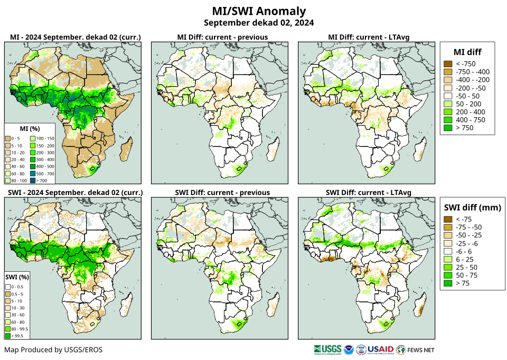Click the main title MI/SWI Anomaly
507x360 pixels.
(x=258, y=11)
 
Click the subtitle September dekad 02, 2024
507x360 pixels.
(x=258, y=23)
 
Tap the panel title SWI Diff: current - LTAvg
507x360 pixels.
(x=368, y=192)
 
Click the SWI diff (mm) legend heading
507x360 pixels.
(x=471, y=207)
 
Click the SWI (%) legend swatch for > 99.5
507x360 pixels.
(x=8, y=335)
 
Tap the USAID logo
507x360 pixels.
(x=380, y=349)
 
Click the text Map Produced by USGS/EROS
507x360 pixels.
(x=53, y=349)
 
